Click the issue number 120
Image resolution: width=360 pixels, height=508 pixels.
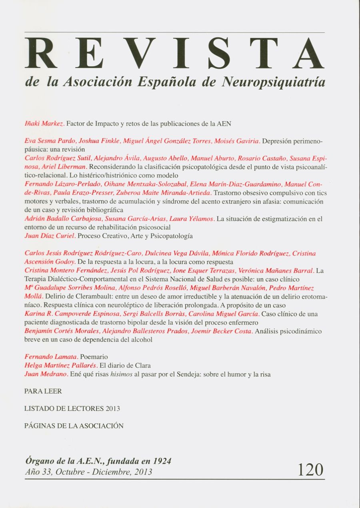pos(310,470)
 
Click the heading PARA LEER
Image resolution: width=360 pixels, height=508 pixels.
pos(43,391)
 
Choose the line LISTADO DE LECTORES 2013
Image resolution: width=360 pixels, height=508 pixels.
pos(72,409)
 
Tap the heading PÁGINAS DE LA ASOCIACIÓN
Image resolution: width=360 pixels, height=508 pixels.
pos(74,426)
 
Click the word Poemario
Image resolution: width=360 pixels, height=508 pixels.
pos(94,356)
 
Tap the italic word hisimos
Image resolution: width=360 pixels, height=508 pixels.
pos(122,375)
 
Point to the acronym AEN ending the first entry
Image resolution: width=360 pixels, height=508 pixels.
pos(224,124)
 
